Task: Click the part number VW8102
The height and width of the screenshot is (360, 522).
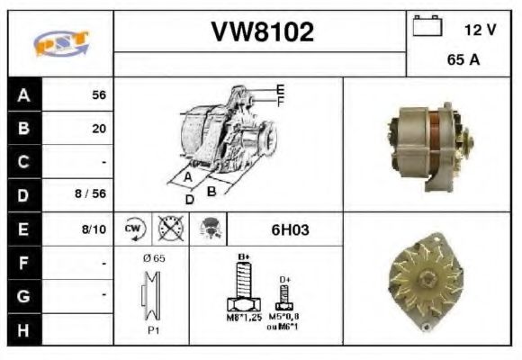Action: [262, 32]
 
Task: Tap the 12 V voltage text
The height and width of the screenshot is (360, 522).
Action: [480, 31]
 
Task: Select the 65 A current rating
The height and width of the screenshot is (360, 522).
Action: [462, 62]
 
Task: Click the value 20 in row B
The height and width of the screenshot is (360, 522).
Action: [99, 129]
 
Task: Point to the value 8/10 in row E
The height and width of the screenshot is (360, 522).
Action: [94, 229]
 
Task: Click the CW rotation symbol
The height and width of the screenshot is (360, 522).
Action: [133, 229]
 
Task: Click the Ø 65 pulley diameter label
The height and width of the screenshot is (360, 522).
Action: [152, 258]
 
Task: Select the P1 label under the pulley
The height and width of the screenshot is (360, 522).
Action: [154, 330]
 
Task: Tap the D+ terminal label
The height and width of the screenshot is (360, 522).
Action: [285, 280]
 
